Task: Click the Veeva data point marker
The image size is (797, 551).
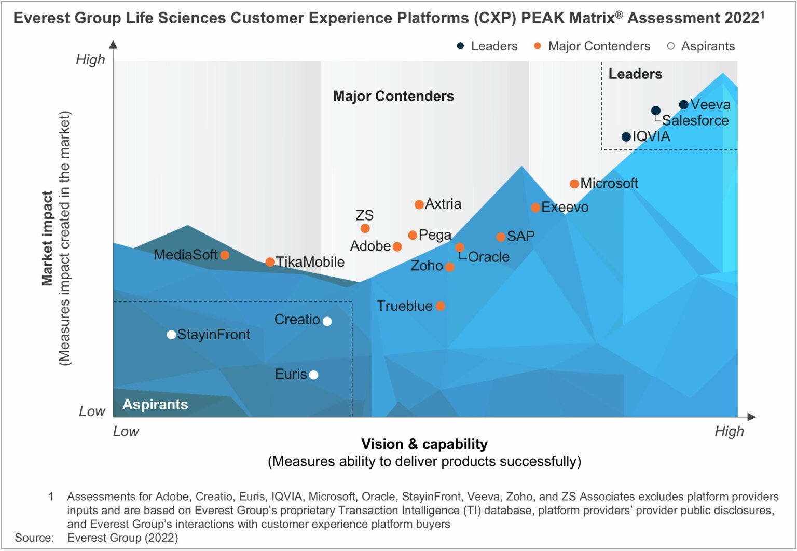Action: (683, 105)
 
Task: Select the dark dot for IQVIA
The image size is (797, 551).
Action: (626, 137)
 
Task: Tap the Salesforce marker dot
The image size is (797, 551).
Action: (655, 111)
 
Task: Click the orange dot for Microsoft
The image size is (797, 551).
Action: (574, 184)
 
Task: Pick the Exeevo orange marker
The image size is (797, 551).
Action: (535, 208)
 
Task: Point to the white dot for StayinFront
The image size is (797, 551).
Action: (171, 335)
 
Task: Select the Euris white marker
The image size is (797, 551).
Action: (313, 375)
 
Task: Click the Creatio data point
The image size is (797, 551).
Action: (327, 321)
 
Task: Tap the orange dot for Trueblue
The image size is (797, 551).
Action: (440, 306)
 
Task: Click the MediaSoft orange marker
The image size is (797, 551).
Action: (224, 255)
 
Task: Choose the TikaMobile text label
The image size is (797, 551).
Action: (310, 262)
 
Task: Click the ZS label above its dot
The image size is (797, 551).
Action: (364, 215)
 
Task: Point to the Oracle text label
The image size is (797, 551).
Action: (488, 257)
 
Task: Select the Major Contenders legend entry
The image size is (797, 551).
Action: (598, 46)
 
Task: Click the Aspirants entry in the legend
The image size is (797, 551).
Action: (707, 46)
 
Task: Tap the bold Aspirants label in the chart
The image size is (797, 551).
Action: (155, 404)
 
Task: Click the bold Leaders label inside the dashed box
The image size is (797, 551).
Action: (635, 74)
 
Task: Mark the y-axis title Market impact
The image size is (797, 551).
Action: (47, 238)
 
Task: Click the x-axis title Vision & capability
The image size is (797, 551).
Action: (424, 444)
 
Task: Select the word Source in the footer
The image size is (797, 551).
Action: (34, 538)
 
